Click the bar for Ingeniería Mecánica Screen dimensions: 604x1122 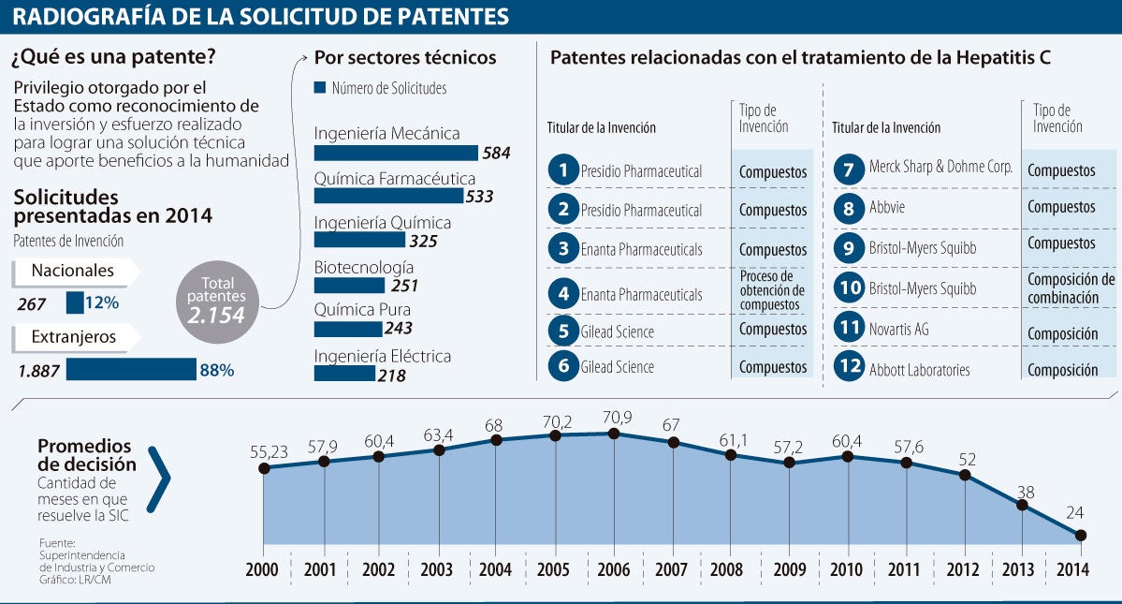396,153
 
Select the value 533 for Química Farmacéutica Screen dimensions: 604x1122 479,197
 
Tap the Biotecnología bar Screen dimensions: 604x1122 349,286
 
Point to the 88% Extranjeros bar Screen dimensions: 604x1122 131,370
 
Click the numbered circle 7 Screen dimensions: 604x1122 848,170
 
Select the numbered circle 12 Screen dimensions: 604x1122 848,369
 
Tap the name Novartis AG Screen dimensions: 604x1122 899,330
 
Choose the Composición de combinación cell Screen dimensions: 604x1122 1071,287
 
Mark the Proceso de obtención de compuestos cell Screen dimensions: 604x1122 772,291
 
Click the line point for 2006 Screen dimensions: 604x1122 614,434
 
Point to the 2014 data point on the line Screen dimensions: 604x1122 1081,536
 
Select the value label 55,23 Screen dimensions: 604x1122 265,451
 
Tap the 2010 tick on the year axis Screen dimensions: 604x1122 848,570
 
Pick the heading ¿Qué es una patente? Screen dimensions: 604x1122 113,57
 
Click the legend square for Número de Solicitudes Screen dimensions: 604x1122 320,88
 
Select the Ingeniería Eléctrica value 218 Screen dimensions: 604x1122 391,375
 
